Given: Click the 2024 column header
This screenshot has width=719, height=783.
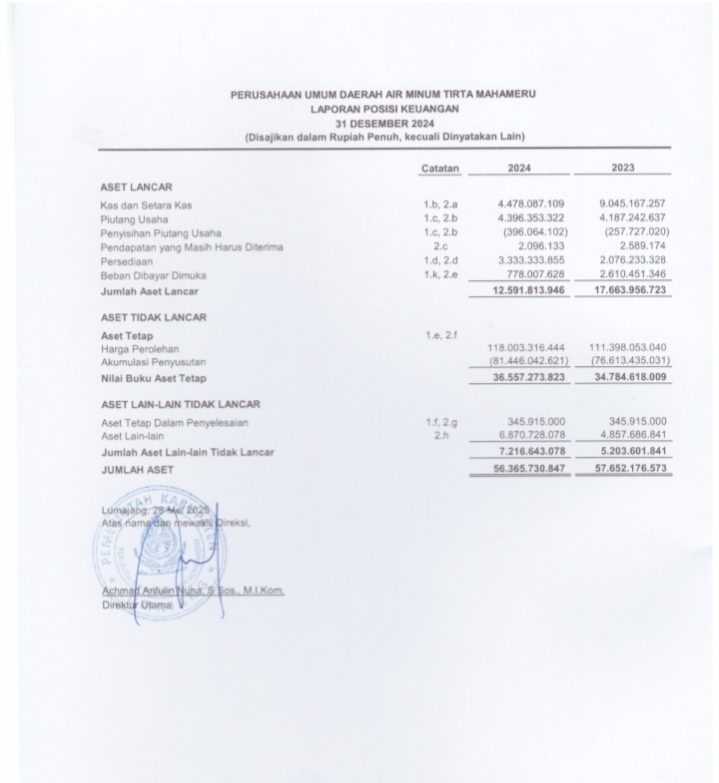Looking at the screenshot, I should (x=518, y=168).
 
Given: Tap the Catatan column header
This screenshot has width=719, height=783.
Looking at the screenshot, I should (x=439, y=169).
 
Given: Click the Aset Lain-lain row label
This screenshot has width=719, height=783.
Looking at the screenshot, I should (x=133, y=436).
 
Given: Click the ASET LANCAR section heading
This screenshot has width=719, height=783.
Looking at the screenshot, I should (x=137, y=187).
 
